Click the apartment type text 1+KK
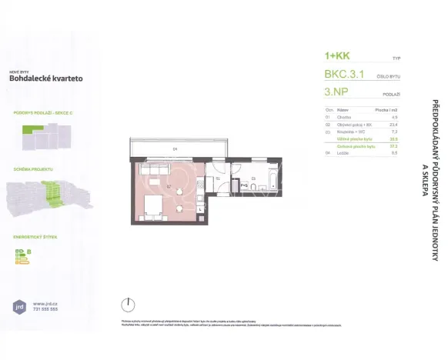pos(338,57)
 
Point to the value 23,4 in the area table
pos(394,125)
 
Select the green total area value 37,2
pos(394,146)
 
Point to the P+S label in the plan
pos(244,185)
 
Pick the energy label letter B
pos(28,251)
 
